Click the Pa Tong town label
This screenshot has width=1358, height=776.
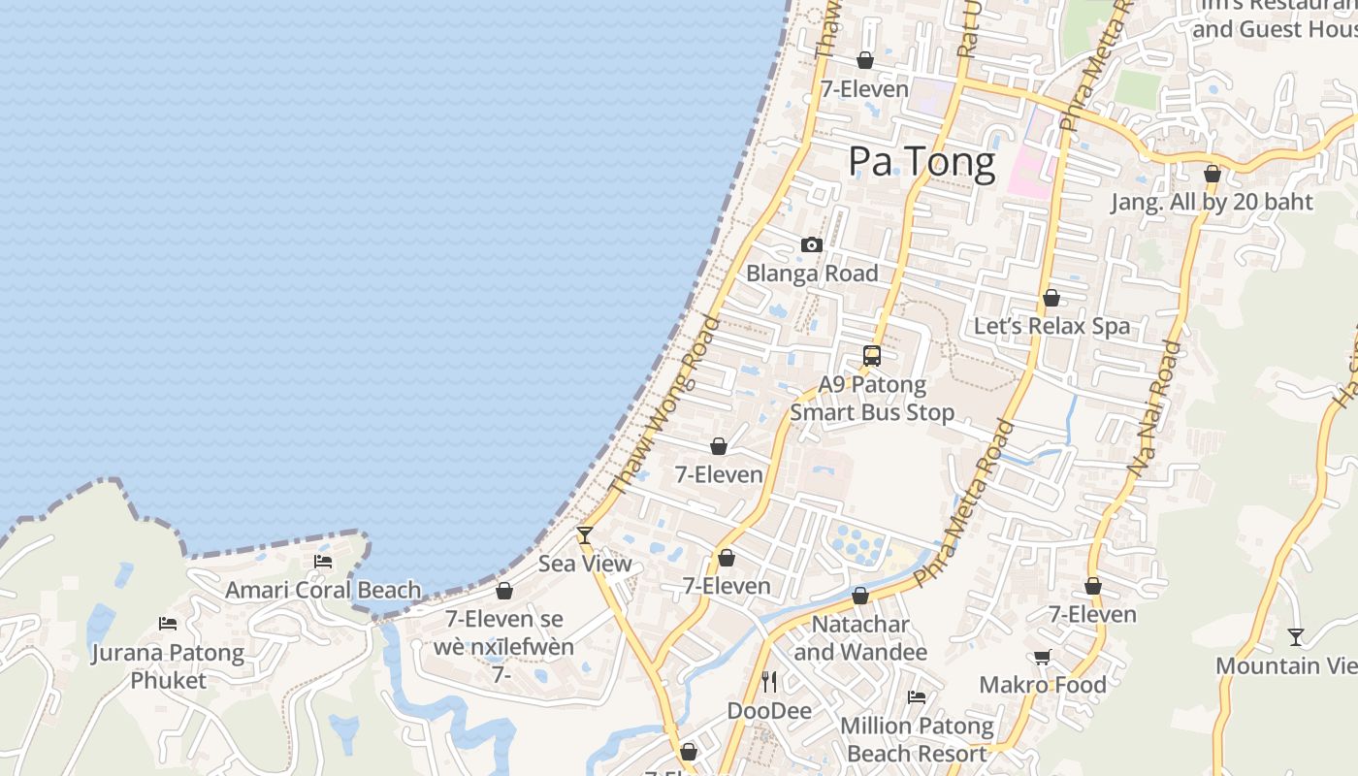(921, 162)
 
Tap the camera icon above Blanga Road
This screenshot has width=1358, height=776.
(812, 245)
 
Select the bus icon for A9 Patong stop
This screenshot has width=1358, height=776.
(872, 356)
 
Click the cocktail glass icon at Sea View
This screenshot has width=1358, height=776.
(585, 534)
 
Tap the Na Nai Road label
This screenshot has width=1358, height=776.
(1154, 407)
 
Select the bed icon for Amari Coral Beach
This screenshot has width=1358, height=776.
(323, 562)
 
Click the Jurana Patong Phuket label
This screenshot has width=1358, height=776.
(168, 665)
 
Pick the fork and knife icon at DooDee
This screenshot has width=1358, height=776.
(769, 682)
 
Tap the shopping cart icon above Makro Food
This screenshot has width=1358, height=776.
(1043, 658)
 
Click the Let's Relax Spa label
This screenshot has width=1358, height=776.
(1051, 326)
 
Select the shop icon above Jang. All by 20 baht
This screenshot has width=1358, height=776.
(1212, 175)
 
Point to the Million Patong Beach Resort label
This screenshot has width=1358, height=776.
(917, 739)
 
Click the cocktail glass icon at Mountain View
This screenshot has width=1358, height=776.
(1295, 637)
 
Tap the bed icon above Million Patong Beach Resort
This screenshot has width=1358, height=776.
(917, 696)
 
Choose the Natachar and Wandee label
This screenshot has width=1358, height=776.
(860, 637)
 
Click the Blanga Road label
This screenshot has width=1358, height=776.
(812, 274)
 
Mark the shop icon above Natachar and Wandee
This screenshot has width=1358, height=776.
(860, 596)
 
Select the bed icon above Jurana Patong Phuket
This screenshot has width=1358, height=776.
(168, 624)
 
